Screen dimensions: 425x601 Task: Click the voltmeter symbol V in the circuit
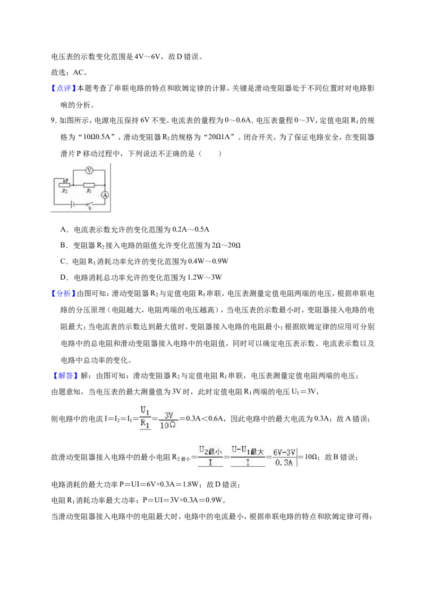[89, 170]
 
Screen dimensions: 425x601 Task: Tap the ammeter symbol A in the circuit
[105, 195]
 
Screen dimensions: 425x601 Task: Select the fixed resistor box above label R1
[89, 184]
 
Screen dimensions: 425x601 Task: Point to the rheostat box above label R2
[64, 185]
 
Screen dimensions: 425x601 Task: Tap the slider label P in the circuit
[67, 180]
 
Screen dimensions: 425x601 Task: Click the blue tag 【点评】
[63, 89]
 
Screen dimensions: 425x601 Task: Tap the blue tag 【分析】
[63, 294]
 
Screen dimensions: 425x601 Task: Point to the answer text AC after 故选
[78, 72]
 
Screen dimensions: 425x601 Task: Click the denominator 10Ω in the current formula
[168, 425]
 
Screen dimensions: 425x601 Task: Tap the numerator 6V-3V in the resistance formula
[284, 453]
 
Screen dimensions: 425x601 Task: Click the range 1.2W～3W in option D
[203, 278]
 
